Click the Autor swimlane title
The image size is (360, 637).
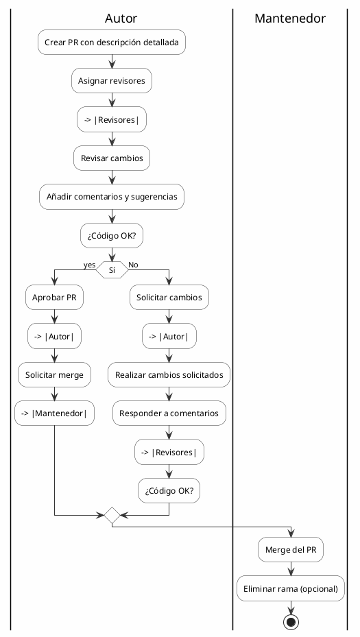tap(121, 19)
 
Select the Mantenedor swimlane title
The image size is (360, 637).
tap(289, 19)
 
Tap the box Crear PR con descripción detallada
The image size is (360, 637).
tap(111, 43)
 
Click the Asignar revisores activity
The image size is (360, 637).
tap(111, 81)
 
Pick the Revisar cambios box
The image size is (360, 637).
tap(111, 158)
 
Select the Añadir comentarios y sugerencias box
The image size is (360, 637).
tap(111, 197)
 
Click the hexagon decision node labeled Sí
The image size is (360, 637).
tap(111, 269)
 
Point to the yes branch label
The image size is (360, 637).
tap(89, 265)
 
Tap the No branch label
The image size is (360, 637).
tap(134, 265)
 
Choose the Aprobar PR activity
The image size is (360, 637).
tap(54, 298)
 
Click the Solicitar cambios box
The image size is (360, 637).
tap(169, 298)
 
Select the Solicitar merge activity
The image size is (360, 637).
tap(54, 375)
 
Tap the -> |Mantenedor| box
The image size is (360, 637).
tap(54, 413)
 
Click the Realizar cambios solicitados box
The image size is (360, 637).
tap(169, 375)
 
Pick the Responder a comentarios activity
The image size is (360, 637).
tap(169, 413)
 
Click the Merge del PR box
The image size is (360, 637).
tap(291, 550)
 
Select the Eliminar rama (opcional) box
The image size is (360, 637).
tap(291, 588)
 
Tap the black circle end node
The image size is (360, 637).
tap(291, 622)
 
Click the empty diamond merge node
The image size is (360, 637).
tap(111, 514)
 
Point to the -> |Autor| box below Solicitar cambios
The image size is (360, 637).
tap(169, 336)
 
